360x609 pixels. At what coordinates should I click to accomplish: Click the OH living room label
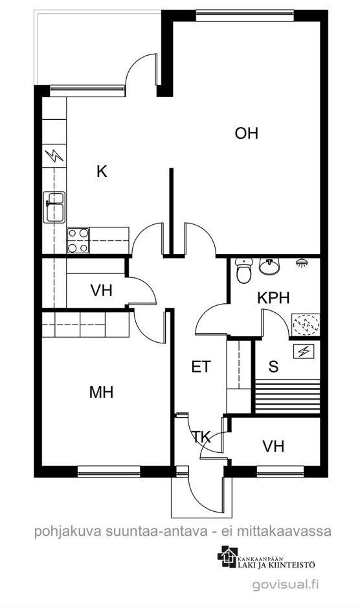(x=246, y=133)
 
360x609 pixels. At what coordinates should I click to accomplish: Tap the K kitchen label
(x=102, y=171)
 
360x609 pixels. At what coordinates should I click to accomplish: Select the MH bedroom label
(x=102, y=392)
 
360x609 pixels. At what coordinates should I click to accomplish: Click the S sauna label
(x=273, y=366)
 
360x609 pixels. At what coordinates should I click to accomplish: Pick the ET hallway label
(x=201, y=367)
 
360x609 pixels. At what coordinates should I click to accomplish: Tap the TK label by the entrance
(x=202, y=438)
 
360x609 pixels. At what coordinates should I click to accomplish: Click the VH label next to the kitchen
(x=102, y=290)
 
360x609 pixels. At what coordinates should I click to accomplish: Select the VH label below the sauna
(x=273, y=446)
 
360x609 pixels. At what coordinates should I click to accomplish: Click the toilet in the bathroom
(x=244, y=271)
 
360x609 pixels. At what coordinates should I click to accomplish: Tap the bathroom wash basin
(x=269, y=266)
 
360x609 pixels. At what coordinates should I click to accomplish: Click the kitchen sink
(x=54, y=207)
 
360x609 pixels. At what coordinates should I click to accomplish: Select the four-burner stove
(x=78, y=240)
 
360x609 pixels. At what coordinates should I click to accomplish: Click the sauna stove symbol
(x=306, y=325)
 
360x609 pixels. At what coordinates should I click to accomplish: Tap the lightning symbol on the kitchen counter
(x=54, y=155)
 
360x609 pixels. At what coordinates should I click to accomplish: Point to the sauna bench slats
(x=287, y=397)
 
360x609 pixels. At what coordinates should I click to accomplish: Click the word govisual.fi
(x=286, y=584)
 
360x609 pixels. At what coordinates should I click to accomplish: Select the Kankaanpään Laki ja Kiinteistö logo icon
(x=227, y=557)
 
